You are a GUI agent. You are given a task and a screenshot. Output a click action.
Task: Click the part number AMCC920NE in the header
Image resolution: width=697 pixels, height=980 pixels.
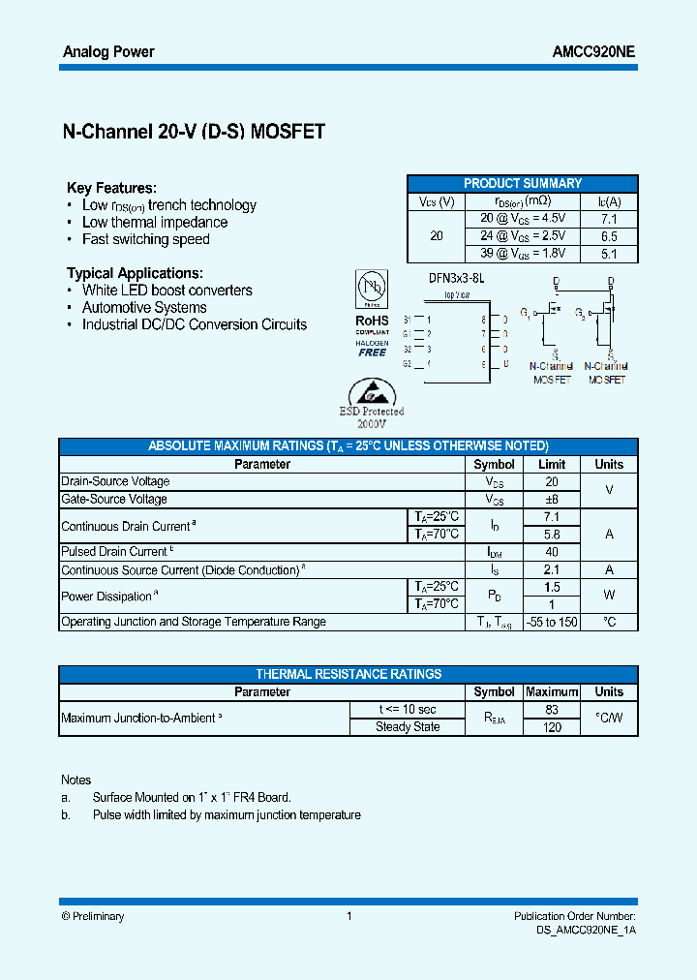[x=588, y=52]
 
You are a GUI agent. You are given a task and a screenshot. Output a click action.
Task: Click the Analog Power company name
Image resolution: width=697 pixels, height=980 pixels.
[x=108, y=52]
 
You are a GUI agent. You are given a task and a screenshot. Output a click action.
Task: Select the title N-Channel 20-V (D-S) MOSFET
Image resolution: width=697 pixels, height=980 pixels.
[x=194, y=133]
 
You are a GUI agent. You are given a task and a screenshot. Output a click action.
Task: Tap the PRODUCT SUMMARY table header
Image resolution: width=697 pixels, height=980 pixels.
[x=523, y=183]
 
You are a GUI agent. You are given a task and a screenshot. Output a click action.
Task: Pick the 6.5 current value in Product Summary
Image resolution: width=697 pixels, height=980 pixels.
[x=609, y=236]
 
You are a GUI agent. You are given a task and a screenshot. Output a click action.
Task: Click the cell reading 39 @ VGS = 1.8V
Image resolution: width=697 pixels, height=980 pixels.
[x=523, y=254]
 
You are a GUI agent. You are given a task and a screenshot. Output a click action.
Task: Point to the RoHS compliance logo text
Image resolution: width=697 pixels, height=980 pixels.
[x=372, y=321]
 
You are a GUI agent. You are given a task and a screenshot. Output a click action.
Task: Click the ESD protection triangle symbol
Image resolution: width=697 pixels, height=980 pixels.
[x=370, y=392]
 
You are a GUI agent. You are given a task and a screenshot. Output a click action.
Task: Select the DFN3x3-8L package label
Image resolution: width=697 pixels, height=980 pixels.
[x=456, y=278]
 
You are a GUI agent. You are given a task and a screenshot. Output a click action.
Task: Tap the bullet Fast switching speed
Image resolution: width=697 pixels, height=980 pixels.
[x=145, y=239]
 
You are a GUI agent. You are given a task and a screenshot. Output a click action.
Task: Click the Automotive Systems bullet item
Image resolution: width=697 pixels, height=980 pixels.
[x=144, y=308]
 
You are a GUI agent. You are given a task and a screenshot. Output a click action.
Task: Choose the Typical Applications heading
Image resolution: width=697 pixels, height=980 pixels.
[x=135, y=273]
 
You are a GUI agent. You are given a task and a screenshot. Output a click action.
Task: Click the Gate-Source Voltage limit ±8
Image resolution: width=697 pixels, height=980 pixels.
[x=552, y=500]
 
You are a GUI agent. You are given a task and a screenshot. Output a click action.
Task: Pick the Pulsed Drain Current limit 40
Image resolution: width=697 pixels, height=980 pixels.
[x=552, y=552]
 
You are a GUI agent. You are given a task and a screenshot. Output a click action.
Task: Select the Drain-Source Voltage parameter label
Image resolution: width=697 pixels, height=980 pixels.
[x=115, y=481]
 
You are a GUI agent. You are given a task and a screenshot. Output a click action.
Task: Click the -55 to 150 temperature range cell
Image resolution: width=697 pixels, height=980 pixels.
[x=552, y=622]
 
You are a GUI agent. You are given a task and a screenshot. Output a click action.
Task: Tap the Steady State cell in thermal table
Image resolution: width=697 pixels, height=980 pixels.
[x=408, y=727]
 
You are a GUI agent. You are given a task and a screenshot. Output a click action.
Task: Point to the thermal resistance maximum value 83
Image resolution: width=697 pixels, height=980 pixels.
[x=552, y=710]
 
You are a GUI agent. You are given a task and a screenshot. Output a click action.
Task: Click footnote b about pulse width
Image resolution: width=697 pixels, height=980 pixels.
[x=227, y=815]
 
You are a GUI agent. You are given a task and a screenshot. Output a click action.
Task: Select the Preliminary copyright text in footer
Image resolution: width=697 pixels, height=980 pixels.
[x=93, y=916]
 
